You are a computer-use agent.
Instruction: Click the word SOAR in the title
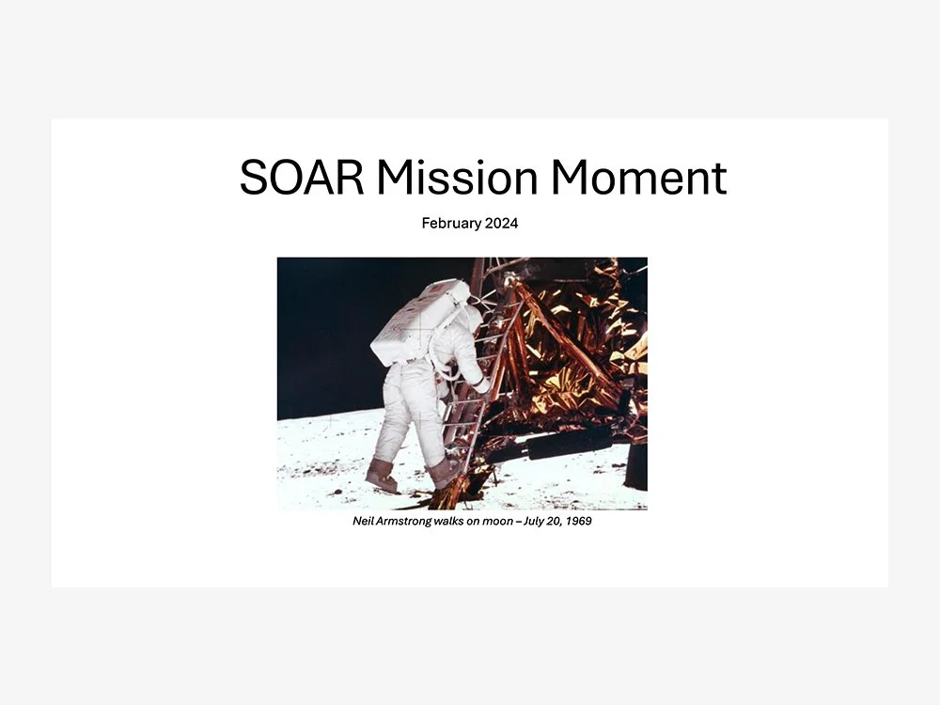click(301, 178)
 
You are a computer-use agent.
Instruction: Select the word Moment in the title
click(638, 178)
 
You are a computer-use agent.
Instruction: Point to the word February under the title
click(453, 224)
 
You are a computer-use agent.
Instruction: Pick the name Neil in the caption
click(362, 522)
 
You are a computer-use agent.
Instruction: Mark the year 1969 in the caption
click(578, 522)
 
